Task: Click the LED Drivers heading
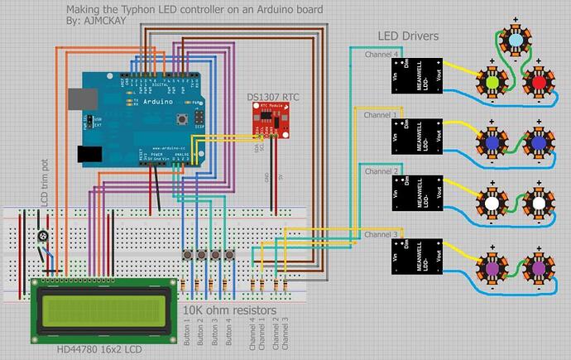[x=408, y=36]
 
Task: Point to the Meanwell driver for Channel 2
[x=417, y=194]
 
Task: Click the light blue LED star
[x=515, y=41]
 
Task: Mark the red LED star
[x=539, y=82]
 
